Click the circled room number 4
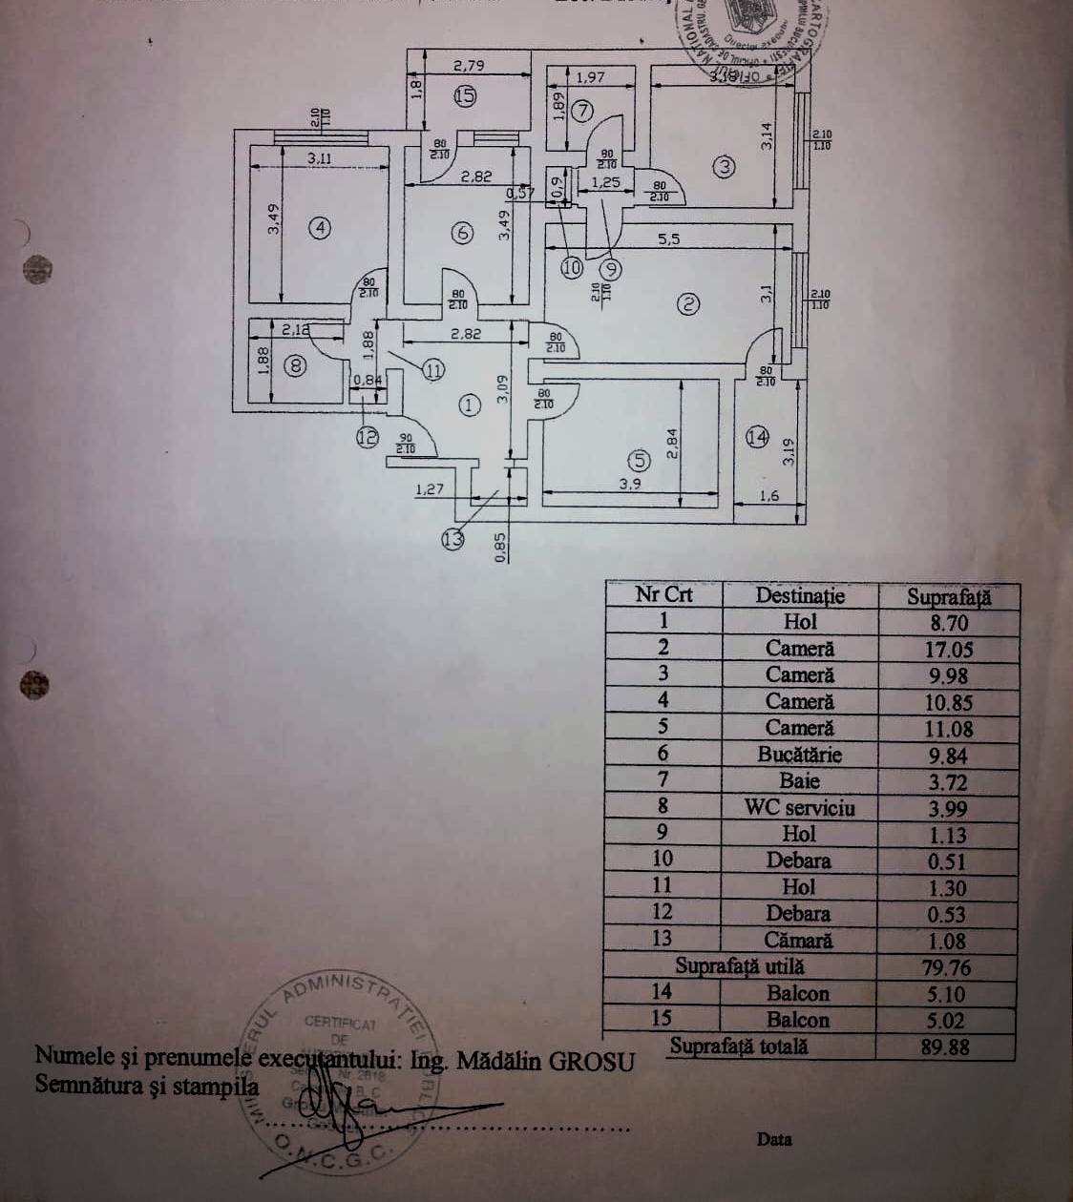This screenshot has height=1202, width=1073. (320, 229)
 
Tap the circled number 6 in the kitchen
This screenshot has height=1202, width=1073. (461, 232)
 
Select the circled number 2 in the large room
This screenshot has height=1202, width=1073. (688, 304)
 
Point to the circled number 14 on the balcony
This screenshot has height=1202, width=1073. (757, 437)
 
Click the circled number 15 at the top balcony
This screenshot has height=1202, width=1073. (464, 95)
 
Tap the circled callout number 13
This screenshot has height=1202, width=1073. (452, 540)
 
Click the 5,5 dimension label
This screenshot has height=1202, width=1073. (668, 239)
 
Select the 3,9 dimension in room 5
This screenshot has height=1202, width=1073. (630, 484)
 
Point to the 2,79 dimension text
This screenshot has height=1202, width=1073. (469, 66)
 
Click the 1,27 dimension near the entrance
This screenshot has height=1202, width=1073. (431, 490)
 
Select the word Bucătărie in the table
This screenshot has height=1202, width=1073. (799, 755)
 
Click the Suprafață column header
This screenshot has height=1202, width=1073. (948, 597)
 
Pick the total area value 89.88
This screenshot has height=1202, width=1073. (946, 1047)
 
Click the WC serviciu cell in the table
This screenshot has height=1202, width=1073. (799, 808)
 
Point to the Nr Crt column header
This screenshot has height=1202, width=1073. (663, 595)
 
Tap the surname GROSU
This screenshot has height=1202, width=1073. (592, 1061)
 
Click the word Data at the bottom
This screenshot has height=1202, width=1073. (774, 1139)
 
